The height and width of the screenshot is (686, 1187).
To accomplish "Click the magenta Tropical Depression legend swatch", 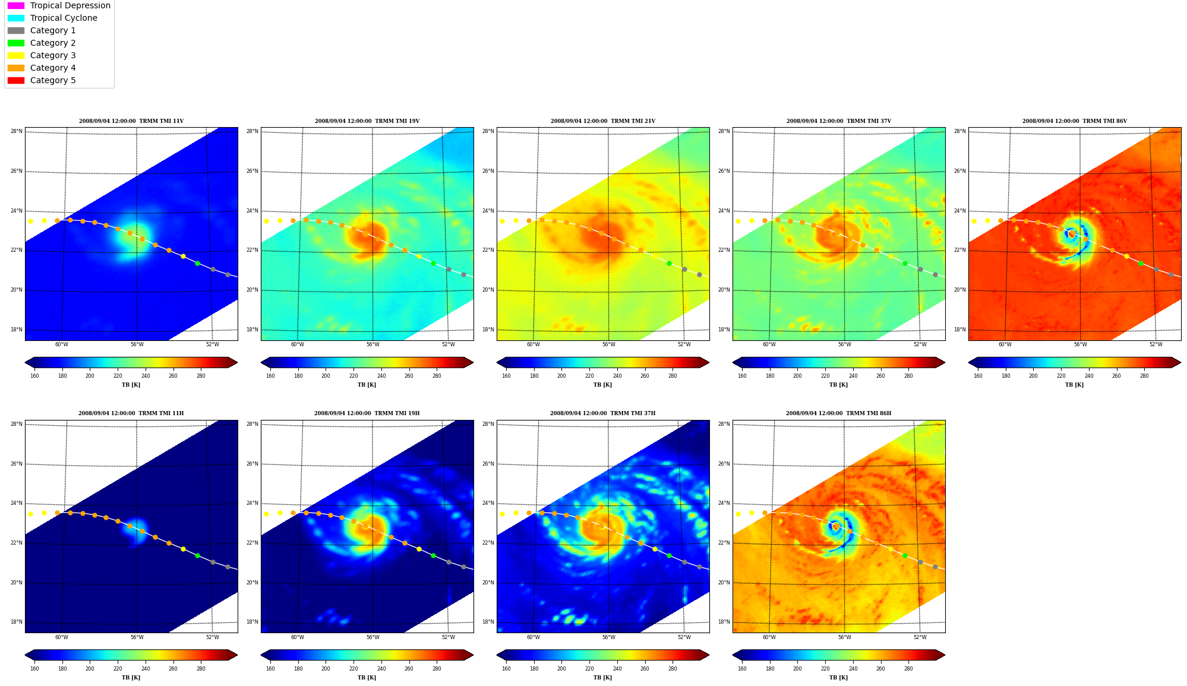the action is [x=16, y=5].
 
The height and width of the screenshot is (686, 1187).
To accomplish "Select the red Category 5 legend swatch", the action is [x=16, y=80].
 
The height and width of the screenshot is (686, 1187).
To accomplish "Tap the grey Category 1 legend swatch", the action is [x=16, y=30].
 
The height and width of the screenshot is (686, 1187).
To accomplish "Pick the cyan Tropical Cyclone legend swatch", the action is [x=16, y=18].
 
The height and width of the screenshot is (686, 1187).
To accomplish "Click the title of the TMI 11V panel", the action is [x=131, y=121].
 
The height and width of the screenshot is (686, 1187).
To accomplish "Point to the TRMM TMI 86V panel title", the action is [x=1074, y=121].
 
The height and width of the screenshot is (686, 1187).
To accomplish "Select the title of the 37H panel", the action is [x=602, y=413].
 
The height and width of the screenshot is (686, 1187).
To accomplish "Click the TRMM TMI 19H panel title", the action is [x=367, y=413].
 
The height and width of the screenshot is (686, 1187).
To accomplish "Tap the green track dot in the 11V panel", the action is [x=197, y=263].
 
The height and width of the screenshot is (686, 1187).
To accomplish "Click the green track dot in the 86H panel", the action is [x=905, y=555].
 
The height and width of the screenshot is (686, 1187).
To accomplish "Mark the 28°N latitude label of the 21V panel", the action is [x=488, y=131].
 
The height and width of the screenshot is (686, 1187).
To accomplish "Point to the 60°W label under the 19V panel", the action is [x=297, y=344].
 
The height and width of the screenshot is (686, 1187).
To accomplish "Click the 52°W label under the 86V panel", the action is [x=1156, y=344].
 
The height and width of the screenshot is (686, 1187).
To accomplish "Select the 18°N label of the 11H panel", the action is [x=16, y=622].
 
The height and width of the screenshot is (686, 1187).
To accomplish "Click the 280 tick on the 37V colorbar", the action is [x=908, y=375].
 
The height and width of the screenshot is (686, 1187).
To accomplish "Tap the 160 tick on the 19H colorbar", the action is [x=270, y=669].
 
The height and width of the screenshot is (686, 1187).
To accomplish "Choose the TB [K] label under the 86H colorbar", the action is [x=838, y=678].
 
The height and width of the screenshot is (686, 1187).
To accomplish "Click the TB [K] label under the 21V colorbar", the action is [x=602, y=385].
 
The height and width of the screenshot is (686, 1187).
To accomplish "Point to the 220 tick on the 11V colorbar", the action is [x=118, y=375].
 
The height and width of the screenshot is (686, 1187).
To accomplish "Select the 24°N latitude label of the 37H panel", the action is [x=488, y=503].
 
